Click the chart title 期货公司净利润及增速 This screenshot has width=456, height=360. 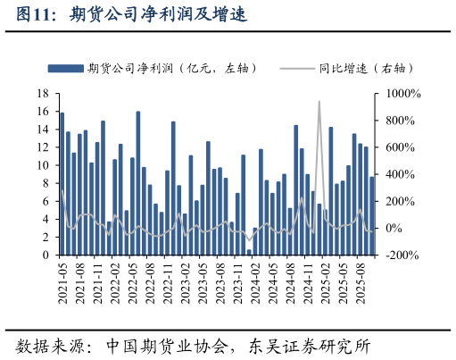coord(156,15)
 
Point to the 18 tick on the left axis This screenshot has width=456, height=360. coord(43,94)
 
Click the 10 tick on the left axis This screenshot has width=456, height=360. coord(43,165)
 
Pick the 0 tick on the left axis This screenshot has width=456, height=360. coord(46,255)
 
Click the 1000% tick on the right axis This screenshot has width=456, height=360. coord(403,94)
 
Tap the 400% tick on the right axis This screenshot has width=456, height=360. coord(401,174)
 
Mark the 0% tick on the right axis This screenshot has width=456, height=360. coord(396,229)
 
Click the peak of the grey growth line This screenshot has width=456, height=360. coord(319,102)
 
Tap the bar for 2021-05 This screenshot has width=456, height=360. coord(62,183)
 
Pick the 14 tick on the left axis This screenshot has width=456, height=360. coord(43,130)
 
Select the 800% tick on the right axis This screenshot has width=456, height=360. coord(401,121)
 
